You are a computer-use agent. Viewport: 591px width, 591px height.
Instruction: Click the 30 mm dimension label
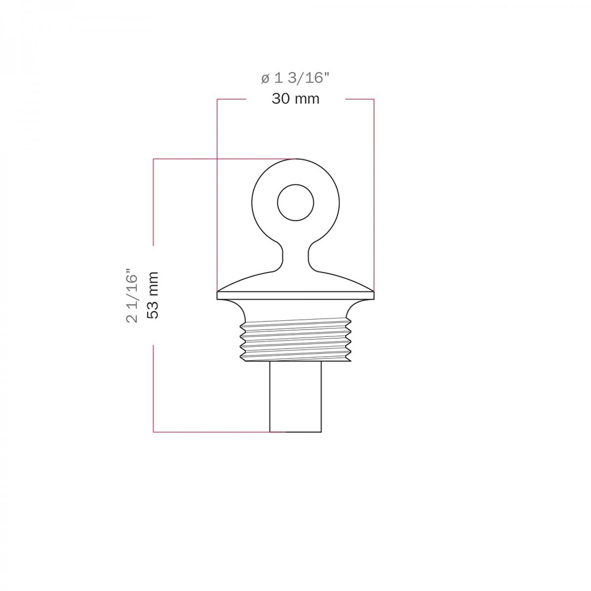(295, 99)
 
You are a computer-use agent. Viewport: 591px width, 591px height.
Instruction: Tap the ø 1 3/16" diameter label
(295, 78)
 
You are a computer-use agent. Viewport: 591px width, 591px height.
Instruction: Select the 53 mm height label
(152, 295)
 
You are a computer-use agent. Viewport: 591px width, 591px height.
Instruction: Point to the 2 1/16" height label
(132, 295)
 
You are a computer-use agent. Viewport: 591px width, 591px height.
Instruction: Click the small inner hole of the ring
(295, 203)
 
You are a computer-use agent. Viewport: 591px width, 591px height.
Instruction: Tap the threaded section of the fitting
(295, 340)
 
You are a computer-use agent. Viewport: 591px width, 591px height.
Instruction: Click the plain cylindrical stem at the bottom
(295, 397)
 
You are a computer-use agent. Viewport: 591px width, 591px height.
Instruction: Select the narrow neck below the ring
(295, 256)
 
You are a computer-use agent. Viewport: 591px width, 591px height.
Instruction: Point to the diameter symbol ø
(265, 78)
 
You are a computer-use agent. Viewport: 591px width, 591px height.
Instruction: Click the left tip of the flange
(218, 291)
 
